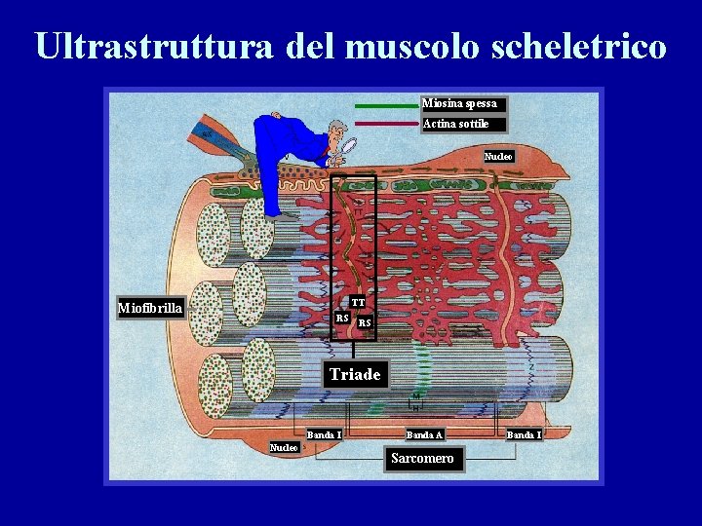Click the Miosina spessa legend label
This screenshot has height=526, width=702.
click(x=460, y=103)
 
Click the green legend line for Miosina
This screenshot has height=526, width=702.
click(x=386, y=104)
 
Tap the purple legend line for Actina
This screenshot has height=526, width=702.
click(x=386, y=125)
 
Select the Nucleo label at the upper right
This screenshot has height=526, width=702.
click(x=498, y=156)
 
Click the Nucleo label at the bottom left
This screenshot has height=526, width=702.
click(x=284, y=447)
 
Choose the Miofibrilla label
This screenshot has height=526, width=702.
click(x=150, y=309)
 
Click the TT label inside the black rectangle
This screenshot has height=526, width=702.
click(x=359, y=303)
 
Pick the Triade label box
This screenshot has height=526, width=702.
click(x=355, y=374)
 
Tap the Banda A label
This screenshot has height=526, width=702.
click(x=425, y=434)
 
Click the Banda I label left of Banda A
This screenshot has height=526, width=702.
click(x=324, y=434)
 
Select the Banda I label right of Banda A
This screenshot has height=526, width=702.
click(x=525, y=434)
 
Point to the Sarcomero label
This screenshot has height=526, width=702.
click(x=422, y=458)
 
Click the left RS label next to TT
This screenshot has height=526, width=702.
click(x=342, y=319)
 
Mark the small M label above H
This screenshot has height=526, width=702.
click(x=415, y=396)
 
